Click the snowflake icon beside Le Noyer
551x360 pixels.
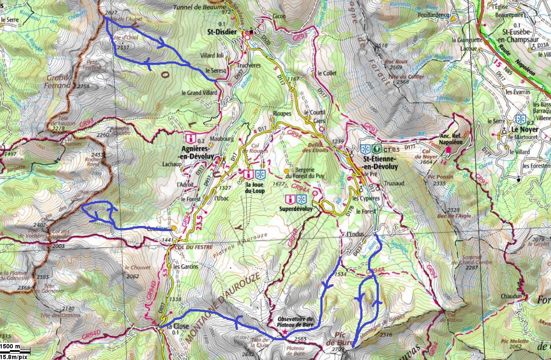520,119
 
